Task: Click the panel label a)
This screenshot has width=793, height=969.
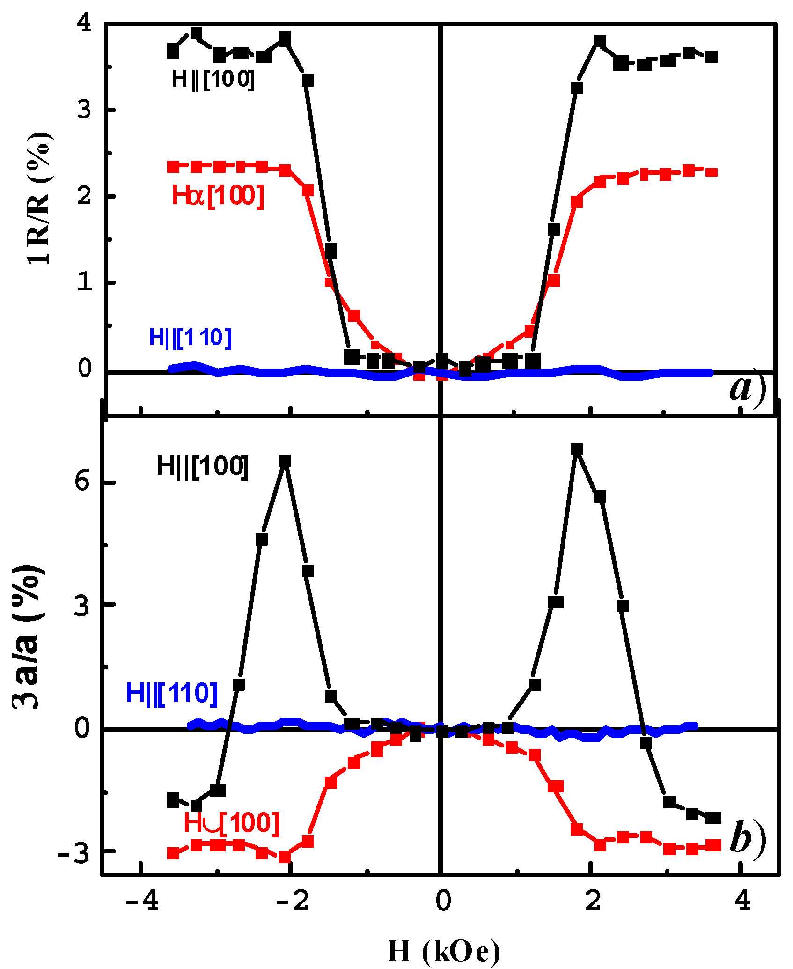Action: pos(748,389)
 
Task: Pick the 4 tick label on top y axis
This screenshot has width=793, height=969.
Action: pos(85,23)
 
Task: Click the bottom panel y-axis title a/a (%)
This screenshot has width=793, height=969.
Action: pos(28,637)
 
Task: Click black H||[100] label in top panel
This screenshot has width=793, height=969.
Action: pos(213,79)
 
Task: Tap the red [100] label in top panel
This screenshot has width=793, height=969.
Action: pos(218,195)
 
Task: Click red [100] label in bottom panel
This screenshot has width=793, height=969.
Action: pos(232,822)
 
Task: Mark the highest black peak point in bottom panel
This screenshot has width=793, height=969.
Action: pos(577,449)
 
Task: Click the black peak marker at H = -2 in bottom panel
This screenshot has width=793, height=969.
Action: pos(285,461)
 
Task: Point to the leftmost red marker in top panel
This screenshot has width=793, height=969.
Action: pos(173,166)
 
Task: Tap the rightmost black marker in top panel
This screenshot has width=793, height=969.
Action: pos(711,57)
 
